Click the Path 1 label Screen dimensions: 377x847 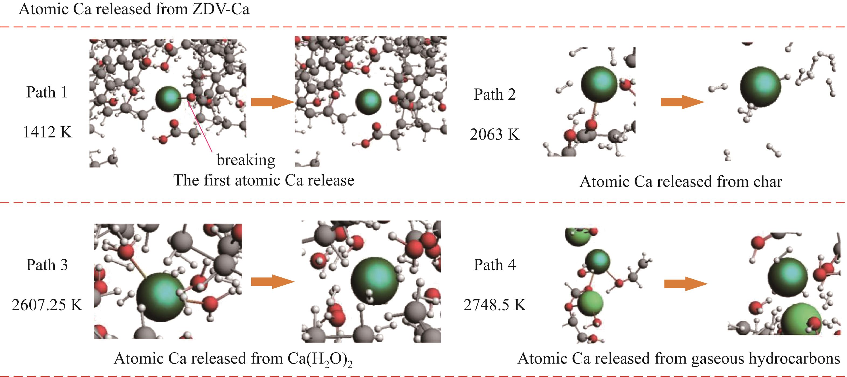[x=47, y=92]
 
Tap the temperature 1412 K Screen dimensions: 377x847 [x=47, y=132]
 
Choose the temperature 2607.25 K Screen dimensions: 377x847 [x=47, y=305]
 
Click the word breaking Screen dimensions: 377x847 [x=246, y=160]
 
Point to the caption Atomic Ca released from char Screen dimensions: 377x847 [x=681, y=181]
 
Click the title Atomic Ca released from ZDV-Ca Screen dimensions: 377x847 [x=134, y=9]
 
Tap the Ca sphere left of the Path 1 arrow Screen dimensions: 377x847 [x=168, y=99]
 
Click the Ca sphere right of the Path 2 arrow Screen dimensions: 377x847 [x=760, y=87]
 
